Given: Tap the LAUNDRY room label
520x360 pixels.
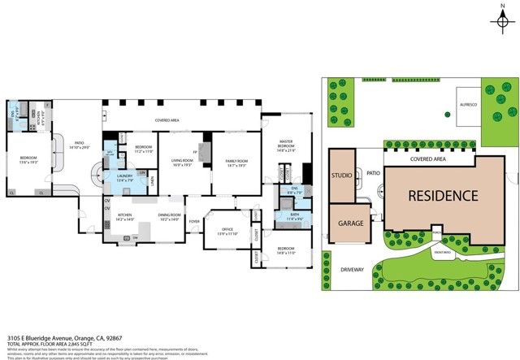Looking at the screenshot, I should (124, 176).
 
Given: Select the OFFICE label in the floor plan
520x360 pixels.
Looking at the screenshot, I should (227, 230).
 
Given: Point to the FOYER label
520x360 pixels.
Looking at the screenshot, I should (194, 221).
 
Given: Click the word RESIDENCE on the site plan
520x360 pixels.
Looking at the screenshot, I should (443, 195).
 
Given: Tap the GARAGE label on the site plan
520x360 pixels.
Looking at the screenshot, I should (349, 222).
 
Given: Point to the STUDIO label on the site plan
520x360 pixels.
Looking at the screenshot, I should (342, 175).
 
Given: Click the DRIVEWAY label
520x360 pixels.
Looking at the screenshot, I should (352, 267).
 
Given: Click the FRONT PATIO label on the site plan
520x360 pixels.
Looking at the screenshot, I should (443, 254).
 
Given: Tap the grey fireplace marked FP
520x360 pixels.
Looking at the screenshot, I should (204, 153).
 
